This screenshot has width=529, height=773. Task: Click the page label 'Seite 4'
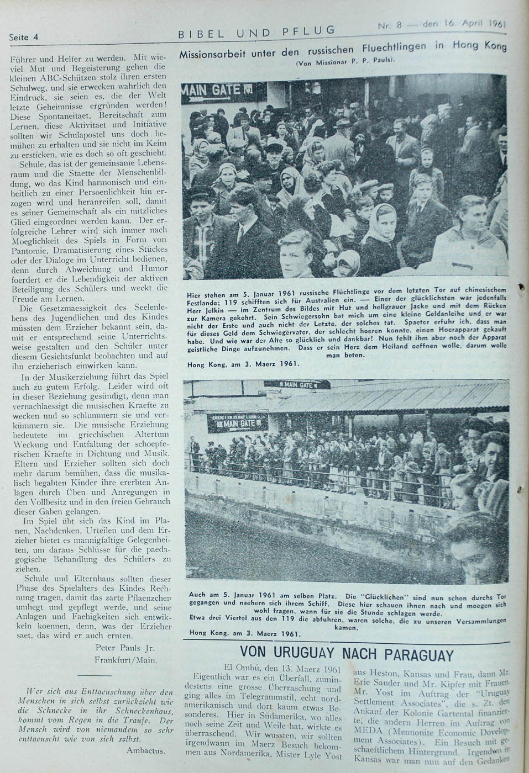(x=23, y=38)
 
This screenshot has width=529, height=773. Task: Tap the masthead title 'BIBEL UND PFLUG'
(x=256, y=32)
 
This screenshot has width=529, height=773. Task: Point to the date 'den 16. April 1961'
(x=464, y=24)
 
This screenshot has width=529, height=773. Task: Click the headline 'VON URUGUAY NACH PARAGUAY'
(x=347, y=655)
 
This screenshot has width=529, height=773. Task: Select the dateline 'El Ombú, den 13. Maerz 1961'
(x=279, y=666)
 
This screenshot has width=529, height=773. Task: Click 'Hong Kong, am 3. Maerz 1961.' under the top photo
(x=244, y=364)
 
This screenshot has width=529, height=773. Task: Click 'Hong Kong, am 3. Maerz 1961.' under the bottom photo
(x=244, y=633)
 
